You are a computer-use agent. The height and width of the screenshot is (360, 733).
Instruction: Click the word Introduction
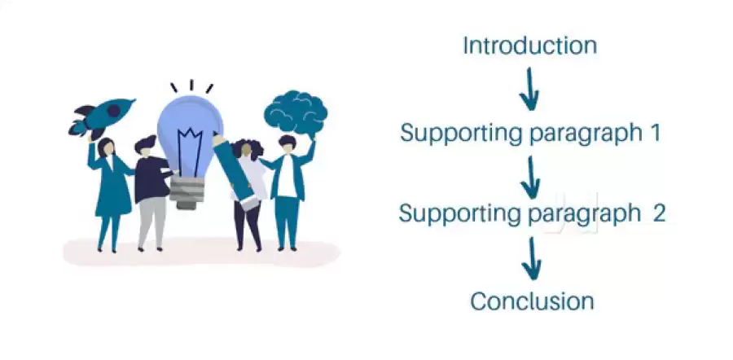pyautogui.click(x=529, y=46)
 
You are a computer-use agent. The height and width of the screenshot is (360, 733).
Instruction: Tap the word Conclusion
pyautogui.click(x=532, y=301)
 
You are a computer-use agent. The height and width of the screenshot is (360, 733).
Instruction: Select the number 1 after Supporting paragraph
pyautogui.click(x=654, y=132)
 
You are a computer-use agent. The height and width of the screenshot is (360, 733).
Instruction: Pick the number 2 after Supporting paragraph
pyautogui.click(x=658, y=213)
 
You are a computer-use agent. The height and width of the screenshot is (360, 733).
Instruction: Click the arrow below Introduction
pyautogui.click(x=529, y=89)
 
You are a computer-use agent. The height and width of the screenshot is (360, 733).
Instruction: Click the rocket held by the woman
pyautogui.click(x=104, y=117)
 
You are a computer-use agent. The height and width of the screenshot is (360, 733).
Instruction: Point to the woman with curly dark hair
pyautogui.click(x=247, y=191)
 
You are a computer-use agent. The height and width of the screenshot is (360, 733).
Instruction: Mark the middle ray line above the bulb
pyautogui.click(x=192, y=85)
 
